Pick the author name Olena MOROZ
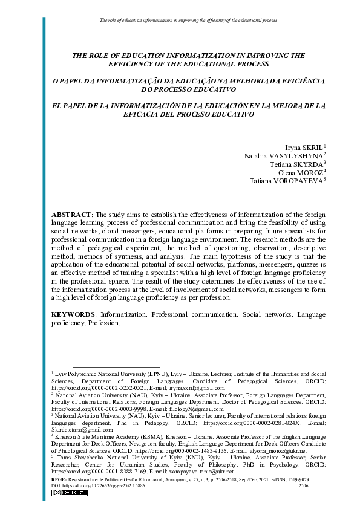point(301,172)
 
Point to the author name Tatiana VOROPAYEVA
point(287,180)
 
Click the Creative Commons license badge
point(70,493)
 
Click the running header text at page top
point(188,20)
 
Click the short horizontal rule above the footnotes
point(117,367)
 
